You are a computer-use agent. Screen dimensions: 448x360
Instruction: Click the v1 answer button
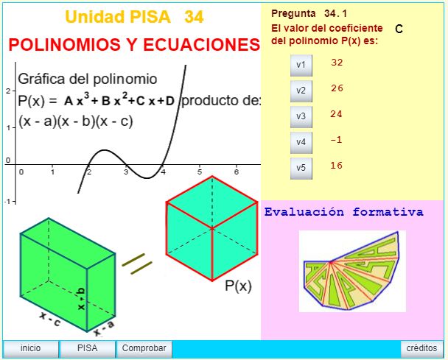pyautogui.click(x=301, y=66)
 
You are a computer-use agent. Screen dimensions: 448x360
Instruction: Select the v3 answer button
pyautogui.click(x=301, y=117)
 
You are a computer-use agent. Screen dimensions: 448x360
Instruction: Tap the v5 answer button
pyautogui.click(x=301, y=168)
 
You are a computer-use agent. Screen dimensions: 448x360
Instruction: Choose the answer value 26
pyautogui.click(x=337, y=88)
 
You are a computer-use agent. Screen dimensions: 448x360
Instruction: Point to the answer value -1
pyautogui.click(x=336, y=140)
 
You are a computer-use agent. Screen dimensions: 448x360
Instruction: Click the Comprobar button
pyautogui.click(x=144, y=348)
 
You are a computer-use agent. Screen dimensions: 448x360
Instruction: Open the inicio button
pyautogui.click(x=30, y=348)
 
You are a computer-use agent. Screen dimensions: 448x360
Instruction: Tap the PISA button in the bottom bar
pyautogui.click(x=87, y=348)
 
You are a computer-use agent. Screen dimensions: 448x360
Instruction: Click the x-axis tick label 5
pyautogui.click(x=200, y=172)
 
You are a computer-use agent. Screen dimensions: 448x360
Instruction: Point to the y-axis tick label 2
pyautogui.click(x=7, y=91)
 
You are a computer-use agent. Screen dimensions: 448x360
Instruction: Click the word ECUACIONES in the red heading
pyautogui.click(x=201, y=45)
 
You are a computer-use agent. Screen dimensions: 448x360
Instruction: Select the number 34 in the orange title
pyautogui.click(x=194, y=17)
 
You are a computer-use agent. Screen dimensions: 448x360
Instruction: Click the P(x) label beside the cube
pyautogui.click(x=238, y=286)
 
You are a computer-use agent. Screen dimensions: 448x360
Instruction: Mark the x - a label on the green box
pyautogui.click(x=104, y=328)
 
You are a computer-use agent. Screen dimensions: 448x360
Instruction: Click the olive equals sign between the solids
pyautogui.click(x=137, y=264)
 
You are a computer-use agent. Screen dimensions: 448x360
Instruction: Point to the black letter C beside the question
pyautogui.click(x=399, y=29)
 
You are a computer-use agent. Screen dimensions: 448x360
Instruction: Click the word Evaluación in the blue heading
pyautogui.click(x=304, y=212)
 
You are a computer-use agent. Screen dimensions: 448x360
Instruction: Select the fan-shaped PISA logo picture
pyautogui.click(x=352, y=271)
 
